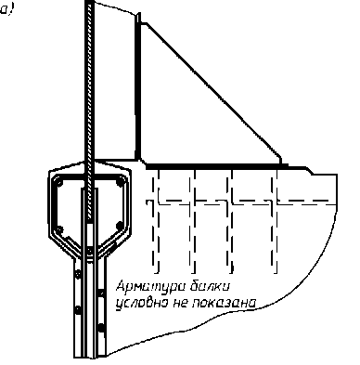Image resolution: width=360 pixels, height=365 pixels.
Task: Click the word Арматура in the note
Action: pos(148,286)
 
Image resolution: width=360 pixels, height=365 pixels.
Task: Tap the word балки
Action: pos(210,286)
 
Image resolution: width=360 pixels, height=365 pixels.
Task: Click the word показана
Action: pos(225,303)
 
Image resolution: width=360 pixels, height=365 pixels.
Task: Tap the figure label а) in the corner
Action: pos(6,9)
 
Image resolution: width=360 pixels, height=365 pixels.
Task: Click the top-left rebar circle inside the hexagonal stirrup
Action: pos(60,183)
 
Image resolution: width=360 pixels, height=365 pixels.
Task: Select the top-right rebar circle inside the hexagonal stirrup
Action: pos(120,183)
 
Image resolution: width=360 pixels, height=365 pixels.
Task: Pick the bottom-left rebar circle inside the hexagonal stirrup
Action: pos(59,230)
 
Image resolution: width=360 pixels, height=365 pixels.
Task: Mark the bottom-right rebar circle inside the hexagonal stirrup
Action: pos(120,226)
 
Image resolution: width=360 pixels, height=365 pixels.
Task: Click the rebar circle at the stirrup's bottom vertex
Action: pos(89,251)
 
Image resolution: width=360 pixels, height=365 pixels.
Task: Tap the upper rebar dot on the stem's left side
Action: pos(78,274)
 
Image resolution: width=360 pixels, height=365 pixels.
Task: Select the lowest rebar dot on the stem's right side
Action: pos(101,328)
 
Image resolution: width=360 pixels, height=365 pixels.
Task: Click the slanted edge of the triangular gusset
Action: pos(212,90)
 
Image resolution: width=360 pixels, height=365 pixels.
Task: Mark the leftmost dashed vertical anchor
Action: pos(156,221)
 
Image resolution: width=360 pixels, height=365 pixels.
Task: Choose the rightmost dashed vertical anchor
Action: pos(275,221)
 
